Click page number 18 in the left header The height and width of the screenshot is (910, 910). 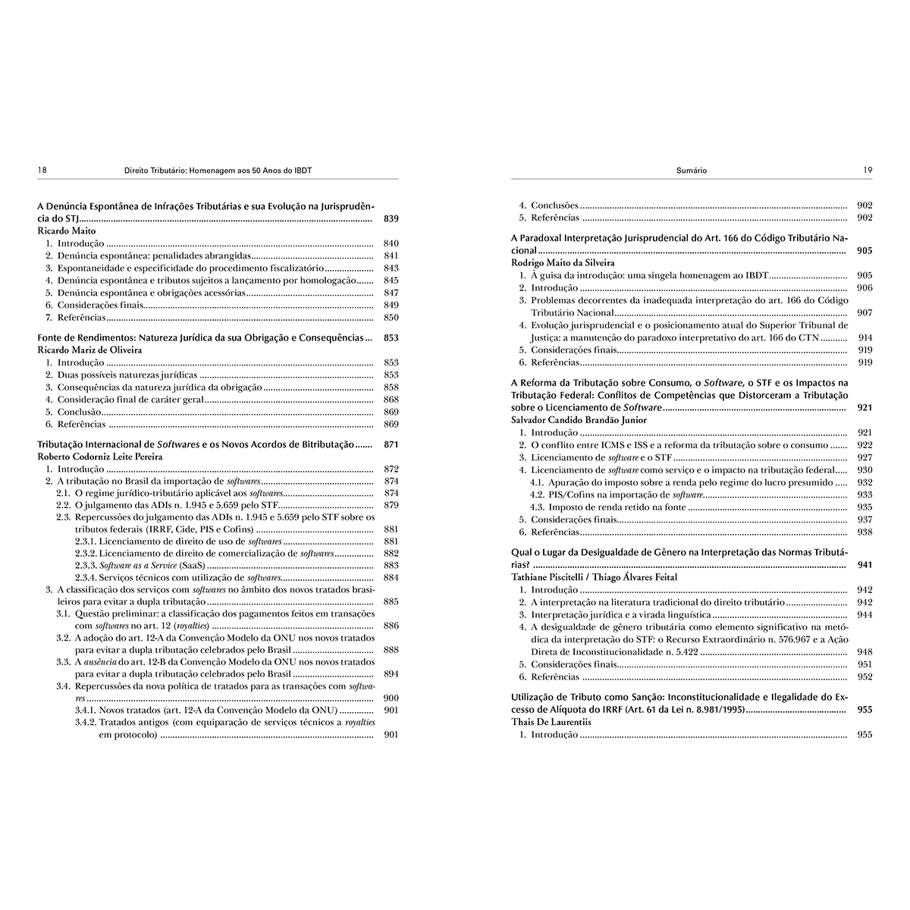[x=42, y=171]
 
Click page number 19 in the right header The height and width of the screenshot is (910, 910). [x=867, y=171]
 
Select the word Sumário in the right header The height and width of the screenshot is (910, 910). [x=691, y=171]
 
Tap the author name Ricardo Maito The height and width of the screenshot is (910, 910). [x=67, y=231]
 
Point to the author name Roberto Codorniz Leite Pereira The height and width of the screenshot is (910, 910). [x=100, y=457]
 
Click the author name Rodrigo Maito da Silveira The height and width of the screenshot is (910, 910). [x=563, y=262]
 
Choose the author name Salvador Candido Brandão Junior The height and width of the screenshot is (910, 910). [x=579, y=420]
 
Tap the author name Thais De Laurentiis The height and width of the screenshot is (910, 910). [x=551, y=723]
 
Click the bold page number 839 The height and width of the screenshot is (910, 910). [x=391, y=219]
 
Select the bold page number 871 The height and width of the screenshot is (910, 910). [x=391, y=444]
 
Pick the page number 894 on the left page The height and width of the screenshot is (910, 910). [x=391, y=673]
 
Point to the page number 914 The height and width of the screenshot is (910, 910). [x=864, y=337]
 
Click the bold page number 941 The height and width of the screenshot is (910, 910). [x=864, y=565]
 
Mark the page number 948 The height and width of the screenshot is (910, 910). [x=864, y=651]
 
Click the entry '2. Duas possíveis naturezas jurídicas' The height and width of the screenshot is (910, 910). [x=121, y=375]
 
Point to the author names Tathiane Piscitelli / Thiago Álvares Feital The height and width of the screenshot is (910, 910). [x=595, y=577]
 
